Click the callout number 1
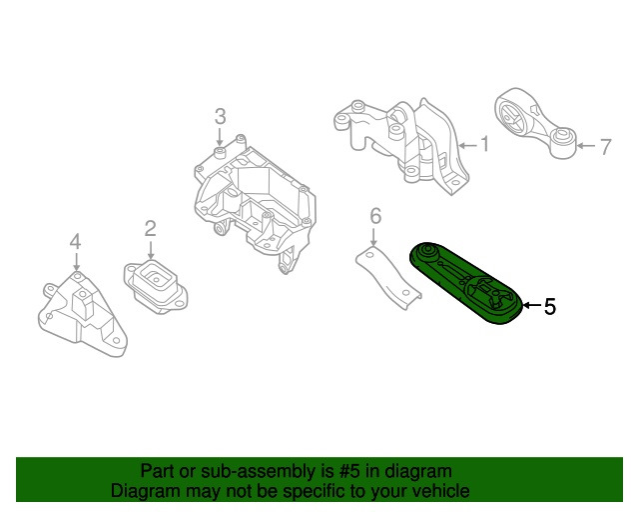[x=484, y=145]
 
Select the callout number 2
[x=150, y=229]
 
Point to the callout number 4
[x=75, y=242]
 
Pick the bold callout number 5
[x=549, y=307]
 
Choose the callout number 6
[x=375, y=215]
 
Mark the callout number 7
[x=604, y=147]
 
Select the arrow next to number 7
[x=587, y=147]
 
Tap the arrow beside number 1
[x=468, y=145]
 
